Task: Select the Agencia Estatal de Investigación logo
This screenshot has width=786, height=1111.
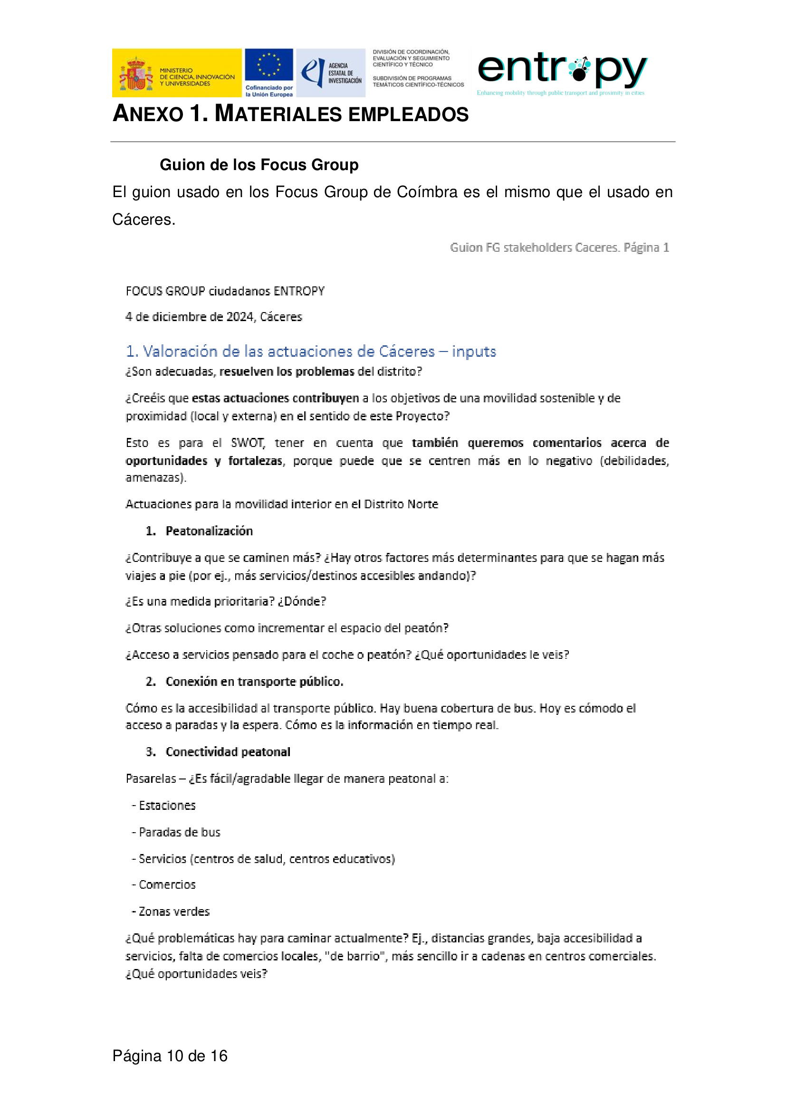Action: point(331,73)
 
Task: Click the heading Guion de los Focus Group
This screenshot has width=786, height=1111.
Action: point(259,164)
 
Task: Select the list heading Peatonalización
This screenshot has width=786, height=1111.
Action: point(209,531)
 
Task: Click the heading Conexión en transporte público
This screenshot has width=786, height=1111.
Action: point(254,681)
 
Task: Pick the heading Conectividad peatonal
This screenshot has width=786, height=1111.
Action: point(228,751)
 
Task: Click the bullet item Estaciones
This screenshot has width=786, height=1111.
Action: point(167,805)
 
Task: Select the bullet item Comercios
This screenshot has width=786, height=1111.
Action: point(167,884)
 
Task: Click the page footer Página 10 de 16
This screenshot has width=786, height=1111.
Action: point(170,1056)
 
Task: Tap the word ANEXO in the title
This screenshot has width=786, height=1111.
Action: point(148,114)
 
